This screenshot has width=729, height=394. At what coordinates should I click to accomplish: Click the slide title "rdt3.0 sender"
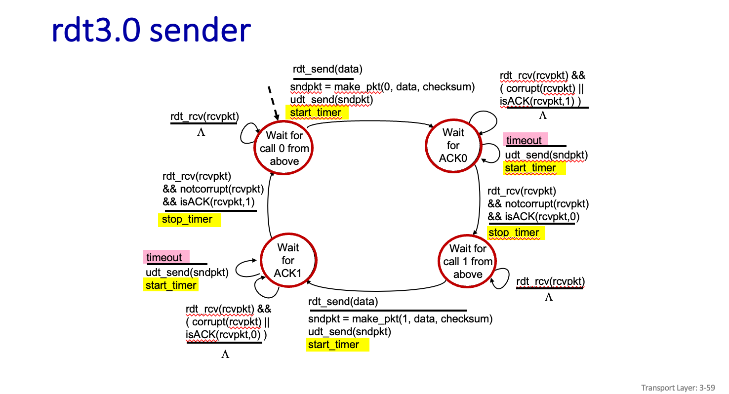pos(151,31)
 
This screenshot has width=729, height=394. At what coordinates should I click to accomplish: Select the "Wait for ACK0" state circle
pos(453,146)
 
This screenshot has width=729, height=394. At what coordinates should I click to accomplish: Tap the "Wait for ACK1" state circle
pos(288,260)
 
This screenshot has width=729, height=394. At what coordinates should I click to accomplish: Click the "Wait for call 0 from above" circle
pos(284,148)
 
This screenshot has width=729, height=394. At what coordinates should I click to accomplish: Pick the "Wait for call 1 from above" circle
pos(468,262)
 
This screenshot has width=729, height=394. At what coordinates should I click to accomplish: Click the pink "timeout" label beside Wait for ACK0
pos(524,141)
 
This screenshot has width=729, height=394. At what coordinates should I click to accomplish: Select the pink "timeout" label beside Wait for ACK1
pos(164,258)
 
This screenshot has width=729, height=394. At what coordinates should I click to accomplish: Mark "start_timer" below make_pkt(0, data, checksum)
pos(316,113)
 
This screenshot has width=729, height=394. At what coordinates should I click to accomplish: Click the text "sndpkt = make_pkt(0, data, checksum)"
pos(382,87)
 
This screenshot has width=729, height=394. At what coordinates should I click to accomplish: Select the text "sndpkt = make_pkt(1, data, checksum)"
pos(400,319)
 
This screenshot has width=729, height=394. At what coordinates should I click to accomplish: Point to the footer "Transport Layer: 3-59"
pos(678,388)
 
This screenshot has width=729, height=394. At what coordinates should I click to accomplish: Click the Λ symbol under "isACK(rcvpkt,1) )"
pos(543,116)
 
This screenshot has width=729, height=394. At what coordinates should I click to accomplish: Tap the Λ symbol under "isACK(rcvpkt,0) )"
pos(225,355)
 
